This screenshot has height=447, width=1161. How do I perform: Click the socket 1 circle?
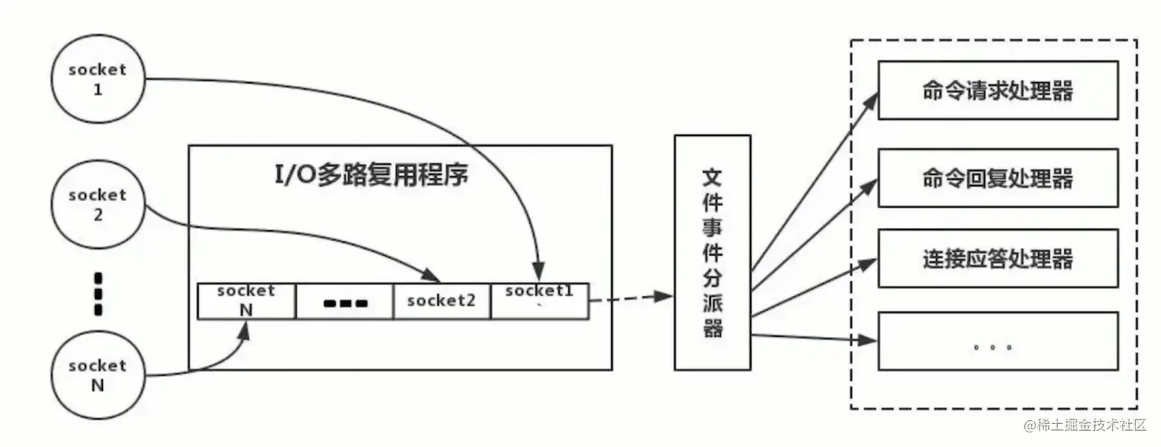pyautogui.click(x=97, y=79)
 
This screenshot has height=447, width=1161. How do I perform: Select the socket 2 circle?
pyautogui.click(x=97, y=205)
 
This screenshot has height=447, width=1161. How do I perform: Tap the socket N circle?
pyautogui.click(x=97, y=376)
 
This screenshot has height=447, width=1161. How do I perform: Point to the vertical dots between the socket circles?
pyautogui.click(x=98, y=293)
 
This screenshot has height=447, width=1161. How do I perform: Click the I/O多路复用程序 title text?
pyautogui.click(x=372, y=174)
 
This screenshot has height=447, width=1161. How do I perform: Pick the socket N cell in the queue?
pyautogui.click(x=246, y=301)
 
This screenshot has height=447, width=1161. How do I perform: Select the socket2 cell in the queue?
pyautogui.click(x=442, y=301)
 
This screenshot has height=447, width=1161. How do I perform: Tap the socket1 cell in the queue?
pyautogui.click(x=540, y=301)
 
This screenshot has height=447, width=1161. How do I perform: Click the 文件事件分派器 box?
pyautogui.click(x=712, y=252)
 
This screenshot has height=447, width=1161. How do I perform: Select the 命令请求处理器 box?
pyautogui.click(x=997, y=91)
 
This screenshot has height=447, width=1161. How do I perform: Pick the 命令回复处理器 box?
pyautogui.click(x=997, y=179)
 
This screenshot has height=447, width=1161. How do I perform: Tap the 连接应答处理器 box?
pyautogui.click(x=997, y=260)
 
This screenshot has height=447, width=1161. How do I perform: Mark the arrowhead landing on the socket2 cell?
pyautogui.click(x=433, y=277)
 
